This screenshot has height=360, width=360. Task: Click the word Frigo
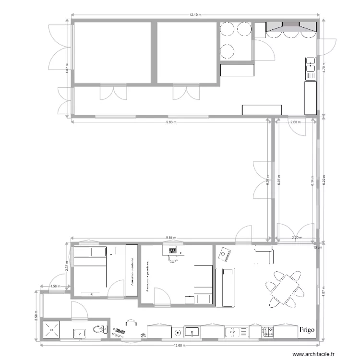click(x=307, y=330)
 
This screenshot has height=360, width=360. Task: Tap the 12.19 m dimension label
click(x=194, y=15)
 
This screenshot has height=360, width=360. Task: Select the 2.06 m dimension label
click(x=296, y=122)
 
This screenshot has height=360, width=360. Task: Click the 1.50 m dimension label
click(x=56, y=287)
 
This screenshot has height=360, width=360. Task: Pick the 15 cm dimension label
click(x=315, y=247)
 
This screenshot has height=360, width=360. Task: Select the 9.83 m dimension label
click(x=171, y=122)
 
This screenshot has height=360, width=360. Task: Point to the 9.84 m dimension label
click(x=171, y=238)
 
